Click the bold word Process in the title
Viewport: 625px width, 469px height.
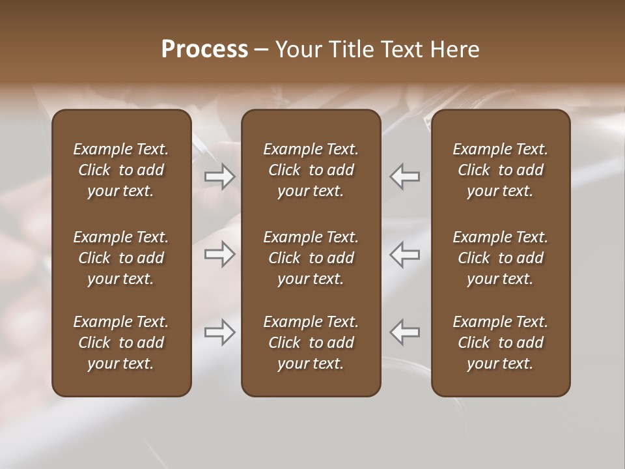204,50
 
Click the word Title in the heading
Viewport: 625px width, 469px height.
350,50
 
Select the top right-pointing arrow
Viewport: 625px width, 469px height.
220,176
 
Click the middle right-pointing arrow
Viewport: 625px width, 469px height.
220,254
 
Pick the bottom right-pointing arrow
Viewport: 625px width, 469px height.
220,332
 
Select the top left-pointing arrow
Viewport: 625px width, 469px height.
405,176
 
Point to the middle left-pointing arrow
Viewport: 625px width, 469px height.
405,254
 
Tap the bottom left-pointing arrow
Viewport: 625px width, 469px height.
405,332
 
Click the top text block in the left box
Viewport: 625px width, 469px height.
121,170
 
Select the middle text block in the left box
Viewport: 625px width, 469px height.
121,258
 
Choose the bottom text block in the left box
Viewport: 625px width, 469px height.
121,343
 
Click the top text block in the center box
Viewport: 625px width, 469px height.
311,170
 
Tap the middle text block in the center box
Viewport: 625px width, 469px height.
311,258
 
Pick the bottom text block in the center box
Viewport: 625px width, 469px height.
311,343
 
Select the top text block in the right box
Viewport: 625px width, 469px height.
501,170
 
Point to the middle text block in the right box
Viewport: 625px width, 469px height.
501,258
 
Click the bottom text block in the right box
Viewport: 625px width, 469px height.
501,343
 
